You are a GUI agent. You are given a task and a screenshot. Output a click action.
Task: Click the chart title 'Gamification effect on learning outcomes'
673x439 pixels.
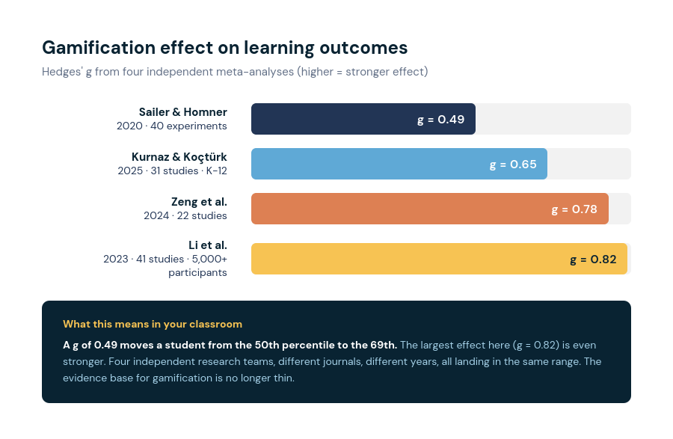click(224, 48)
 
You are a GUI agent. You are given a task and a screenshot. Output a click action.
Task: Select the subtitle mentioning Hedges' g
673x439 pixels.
click(235, 72)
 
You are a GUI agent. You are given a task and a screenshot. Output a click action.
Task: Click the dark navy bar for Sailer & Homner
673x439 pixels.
click(336, 119)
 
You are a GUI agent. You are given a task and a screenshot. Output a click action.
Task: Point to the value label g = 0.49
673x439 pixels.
click(440, 120)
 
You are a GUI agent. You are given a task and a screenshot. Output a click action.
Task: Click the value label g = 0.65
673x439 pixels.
click(513, 165)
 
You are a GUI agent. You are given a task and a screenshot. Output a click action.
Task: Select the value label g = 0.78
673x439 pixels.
click(574, 209)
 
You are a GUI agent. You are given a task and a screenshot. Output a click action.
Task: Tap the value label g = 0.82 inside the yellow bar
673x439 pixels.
click(593, 260)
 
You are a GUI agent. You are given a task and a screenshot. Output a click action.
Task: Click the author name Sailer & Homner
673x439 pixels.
click(182, 112)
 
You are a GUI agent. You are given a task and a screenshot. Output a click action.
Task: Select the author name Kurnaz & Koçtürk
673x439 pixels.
click(179, 157)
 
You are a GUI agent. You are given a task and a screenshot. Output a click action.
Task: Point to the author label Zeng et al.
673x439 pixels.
click(199, 202)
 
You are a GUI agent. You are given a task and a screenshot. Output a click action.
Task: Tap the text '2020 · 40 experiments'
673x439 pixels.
click(171, 126)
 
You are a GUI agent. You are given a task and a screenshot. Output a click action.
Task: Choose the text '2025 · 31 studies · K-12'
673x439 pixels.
click(172, 171)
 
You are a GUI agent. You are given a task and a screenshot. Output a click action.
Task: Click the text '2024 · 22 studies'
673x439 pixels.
click(185, 215)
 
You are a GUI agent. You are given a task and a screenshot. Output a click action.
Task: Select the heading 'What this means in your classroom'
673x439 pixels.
click(153, 324)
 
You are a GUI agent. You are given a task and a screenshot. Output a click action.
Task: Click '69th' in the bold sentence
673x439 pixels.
click(384, 345)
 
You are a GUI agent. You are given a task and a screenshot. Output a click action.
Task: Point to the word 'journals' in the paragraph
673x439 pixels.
click(313, 361)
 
